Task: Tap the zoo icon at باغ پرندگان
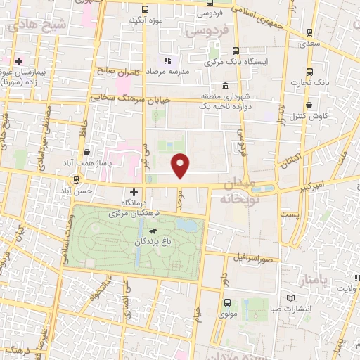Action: [x=151, y=229]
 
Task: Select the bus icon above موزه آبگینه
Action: [x=145, y=10]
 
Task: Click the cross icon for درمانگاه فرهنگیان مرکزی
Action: [x=134, y=192]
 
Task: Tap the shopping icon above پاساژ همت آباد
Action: [x=86, y=152]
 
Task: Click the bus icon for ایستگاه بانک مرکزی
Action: [x=235, y=51]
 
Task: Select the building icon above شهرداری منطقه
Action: [x=224, y=85]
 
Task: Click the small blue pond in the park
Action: [x=186, y=225]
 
